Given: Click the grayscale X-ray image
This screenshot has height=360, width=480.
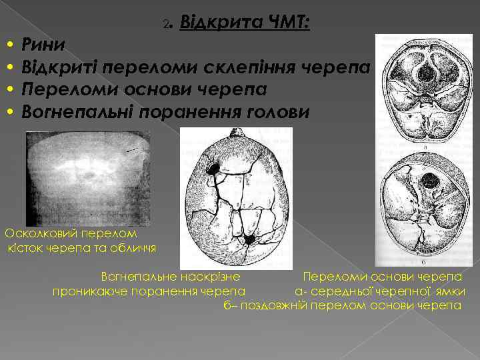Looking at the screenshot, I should coord(87,177).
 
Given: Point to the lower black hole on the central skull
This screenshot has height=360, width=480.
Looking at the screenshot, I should coord(249,239).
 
